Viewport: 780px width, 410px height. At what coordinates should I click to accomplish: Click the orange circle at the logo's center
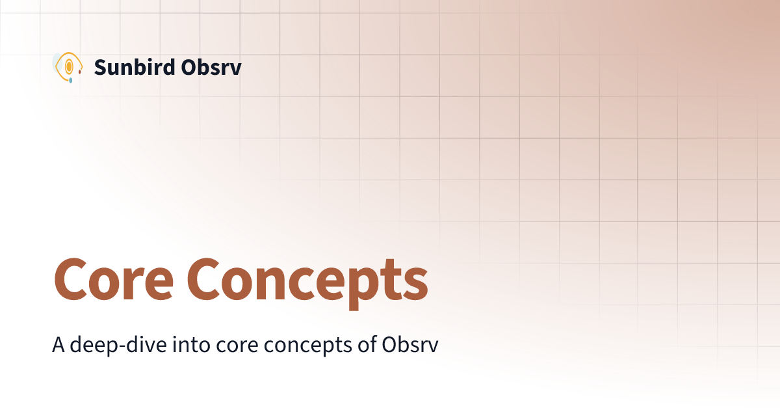[x=68, y=66]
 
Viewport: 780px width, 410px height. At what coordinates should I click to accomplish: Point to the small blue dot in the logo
[x=70, y=81]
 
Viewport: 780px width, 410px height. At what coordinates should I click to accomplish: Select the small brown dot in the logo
[x=80, y=72]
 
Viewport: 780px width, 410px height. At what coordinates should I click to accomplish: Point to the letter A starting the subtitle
[x=58, y=345]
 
